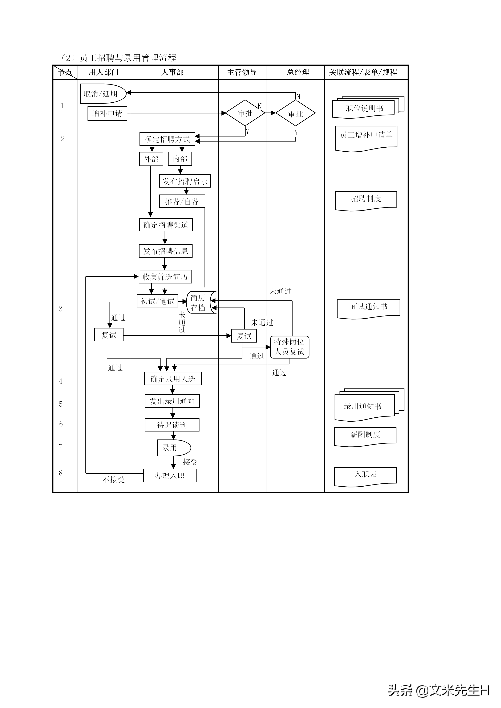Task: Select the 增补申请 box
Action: coord(107,114)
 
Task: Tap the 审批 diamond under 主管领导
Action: coord(245,113)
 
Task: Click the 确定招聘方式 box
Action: coord(167,139)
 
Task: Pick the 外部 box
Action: coord(151,159)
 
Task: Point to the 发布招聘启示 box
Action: coord(185,181)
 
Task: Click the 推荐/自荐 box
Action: coord(182,202)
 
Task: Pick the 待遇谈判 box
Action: coord(172,425)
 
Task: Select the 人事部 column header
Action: coord(173,72)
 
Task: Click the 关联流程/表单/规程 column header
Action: coord(363,72)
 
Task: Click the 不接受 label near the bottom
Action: coord(114,479)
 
